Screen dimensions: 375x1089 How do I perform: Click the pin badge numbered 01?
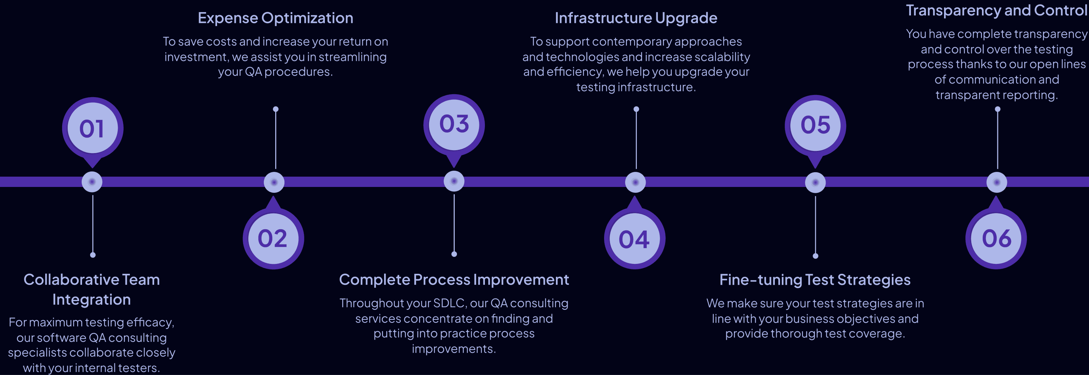pos(92,128)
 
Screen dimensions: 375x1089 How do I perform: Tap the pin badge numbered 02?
pos(273,238)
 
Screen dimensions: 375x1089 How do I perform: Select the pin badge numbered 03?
pos(454,124)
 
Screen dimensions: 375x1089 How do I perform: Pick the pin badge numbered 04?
pos(634,239)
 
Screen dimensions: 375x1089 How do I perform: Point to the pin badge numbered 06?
pos(996,238)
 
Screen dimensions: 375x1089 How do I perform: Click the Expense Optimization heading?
pos(275,18)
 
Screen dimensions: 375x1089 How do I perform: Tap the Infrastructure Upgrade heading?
pos(635,18)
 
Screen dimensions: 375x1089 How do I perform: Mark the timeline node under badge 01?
pos(92,182)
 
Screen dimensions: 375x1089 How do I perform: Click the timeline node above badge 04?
pos(635,182)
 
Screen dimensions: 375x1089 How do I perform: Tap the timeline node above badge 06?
pos(996,182)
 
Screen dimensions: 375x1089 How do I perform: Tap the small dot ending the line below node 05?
pos(816,256)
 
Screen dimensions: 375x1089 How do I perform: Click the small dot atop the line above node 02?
pos(276,109)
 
